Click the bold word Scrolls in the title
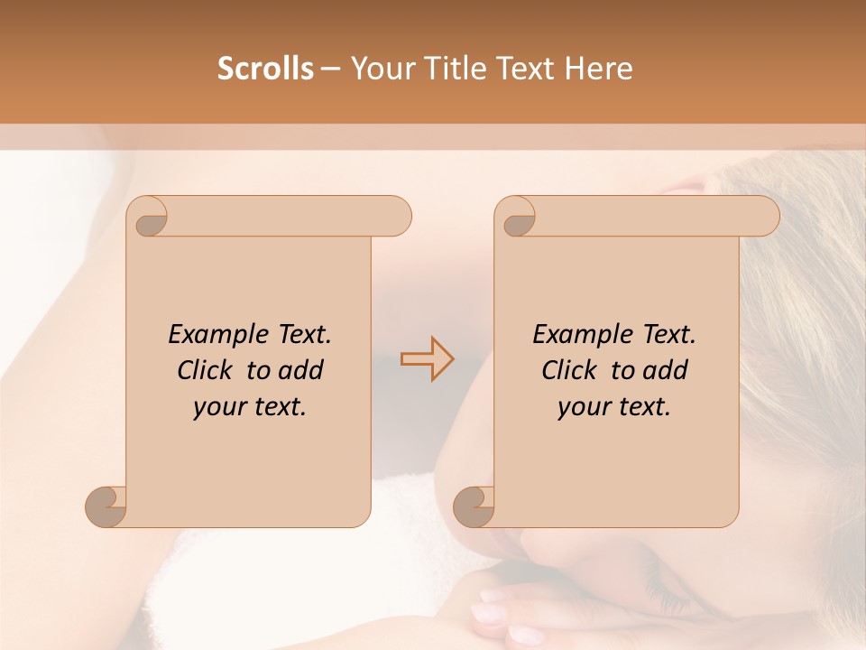click(265, 69)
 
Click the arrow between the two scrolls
click(428, 359)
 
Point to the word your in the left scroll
click(218, 407)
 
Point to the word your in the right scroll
click(583, 407)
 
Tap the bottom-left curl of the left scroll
click(106, 505)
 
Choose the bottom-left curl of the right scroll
click(474, 505)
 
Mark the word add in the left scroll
click(301, 370)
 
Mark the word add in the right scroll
click(666, 370)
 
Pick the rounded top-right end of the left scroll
click(398, 216)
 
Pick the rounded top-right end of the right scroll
click(766, 216)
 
